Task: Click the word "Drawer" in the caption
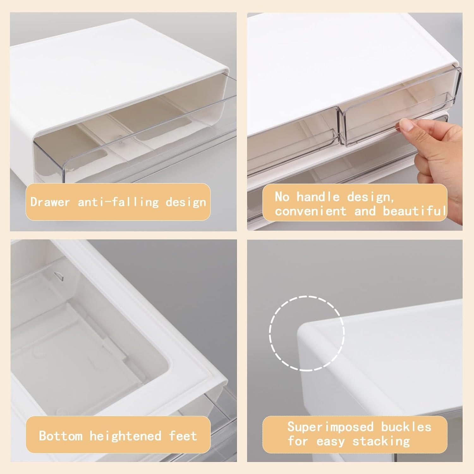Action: [50, 202]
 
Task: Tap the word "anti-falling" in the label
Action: [118, 202]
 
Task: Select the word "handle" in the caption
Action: [318, 197]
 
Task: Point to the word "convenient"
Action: [311, 211]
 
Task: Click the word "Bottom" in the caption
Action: [61, 436]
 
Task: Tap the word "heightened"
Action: [125, 436]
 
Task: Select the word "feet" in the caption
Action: [183, 436]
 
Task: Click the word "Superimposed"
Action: [330, 427]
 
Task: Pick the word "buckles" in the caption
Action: [406, 427]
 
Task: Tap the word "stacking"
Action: [381, 441]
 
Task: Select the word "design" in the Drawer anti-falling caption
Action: [186, 202]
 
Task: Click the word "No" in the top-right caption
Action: [282, 197]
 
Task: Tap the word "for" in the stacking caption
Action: [298, 441]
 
